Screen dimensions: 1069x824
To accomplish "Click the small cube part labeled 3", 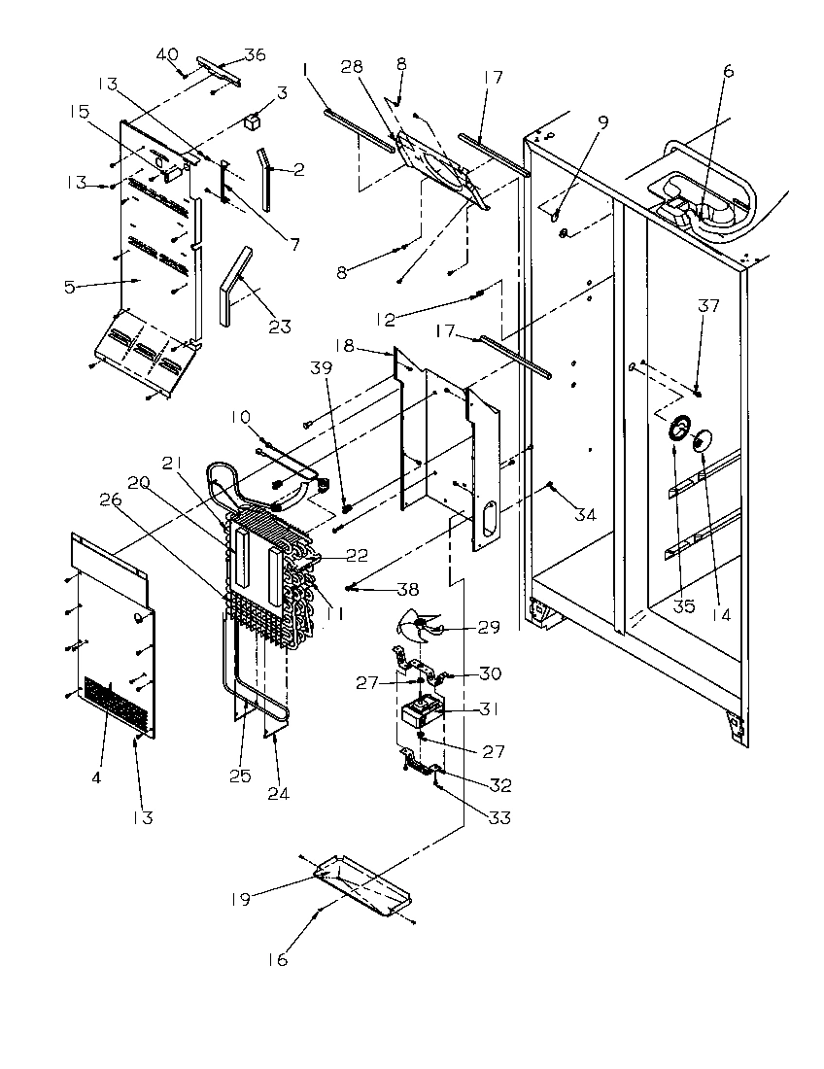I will (x=254, y=121).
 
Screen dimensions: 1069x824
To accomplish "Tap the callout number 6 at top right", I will (x=729, y=70).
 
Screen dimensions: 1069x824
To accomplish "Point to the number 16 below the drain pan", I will (x=278, y=960).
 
